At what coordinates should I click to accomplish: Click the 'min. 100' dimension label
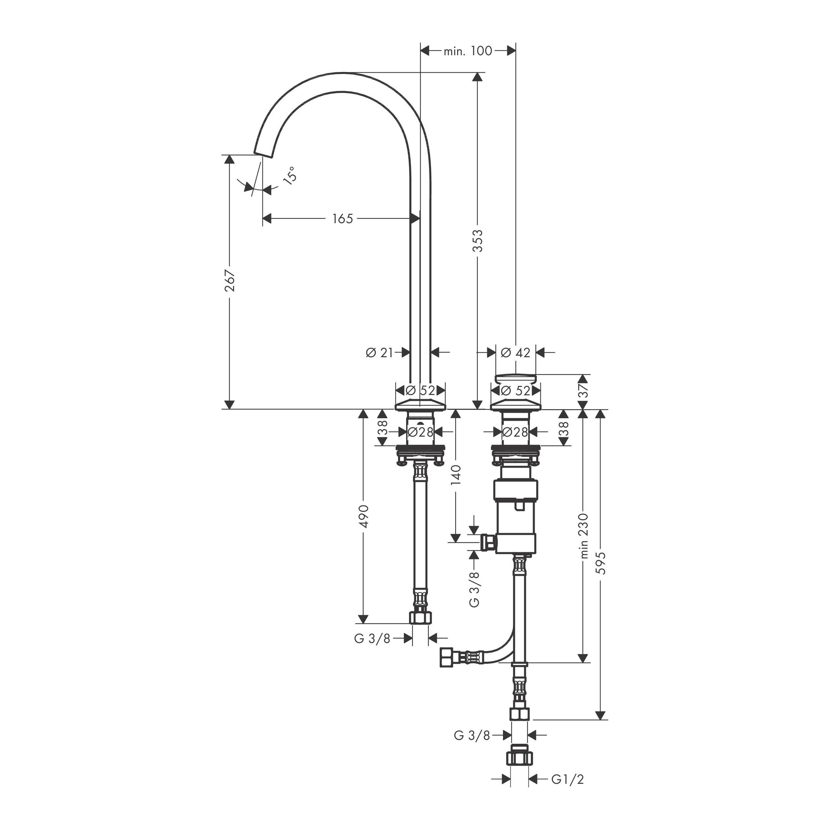click(x=467, y=51)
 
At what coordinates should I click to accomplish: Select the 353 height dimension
click(x=478, y=241)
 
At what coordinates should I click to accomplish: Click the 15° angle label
click(x=290, y=175)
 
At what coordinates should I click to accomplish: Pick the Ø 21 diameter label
click(x=379, y=352)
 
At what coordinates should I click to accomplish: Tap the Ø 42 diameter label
click(x=516, y=352)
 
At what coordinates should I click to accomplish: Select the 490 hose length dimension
click(x=364, y=516)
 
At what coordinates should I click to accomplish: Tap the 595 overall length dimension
click(x=601, y=563)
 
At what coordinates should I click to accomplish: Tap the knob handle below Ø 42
click(x=516, y=379)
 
